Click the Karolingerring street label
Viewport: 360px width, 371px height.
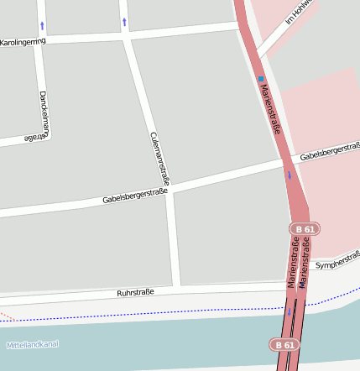[x=23, y=41]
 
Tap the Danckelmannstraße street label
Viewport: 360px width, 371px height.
[x=45, y=115]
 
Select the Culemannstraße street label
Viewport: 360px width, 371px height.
[x=159, y=158]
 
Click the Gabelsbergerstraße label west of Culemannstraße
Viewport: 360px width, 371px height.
[x=135, y=196]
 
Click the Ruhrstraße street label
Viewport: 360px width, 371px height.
[x=135, y=293]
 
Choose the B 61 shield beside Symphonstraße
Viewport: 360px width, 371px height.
[x=305, y=228]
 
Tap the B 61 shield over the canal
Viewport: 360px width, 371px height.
[x=284, y=344]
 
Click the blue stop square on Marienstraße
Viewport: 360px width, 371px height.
[x=260, y=80]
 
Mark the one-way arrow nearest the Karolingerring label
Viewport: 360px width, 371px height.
[x=42, y=25]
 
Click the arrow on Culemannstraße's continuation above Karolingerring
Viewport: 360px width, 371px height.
[x=124, y=21]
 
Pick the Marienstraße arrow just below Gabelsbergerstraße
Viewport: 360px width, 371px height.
[x=290, y=175]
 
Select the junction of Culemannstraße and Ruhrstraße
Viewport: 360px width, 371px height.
[x=175, y=287]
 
